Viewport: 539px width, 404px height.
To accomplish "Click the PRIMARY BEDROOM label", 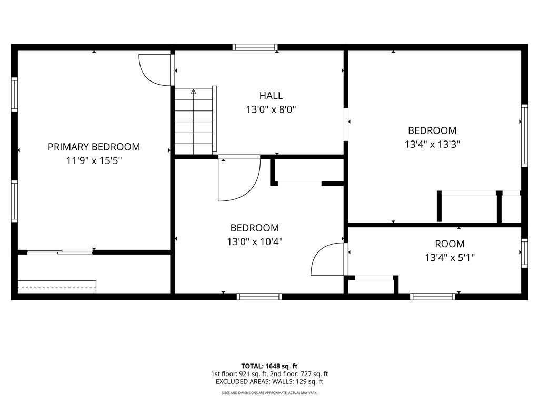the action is pos(94,147).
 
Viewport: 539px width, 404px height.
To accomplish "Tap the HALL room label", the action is pos(271,96).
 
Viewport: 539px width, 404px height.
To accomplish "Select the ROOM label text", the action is pos(450,244).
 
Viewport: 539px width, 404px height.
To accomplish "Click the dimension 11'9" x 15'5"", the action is pos(94,160).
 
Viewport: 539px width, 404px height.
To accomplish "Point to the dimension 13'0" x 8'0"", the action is pos(271,109).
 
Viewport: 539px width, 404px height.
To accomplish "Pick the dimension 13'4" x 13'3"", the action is pos(432,144).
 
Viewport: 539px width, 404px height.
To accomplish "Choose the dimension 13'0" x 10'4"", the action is pos(254,242).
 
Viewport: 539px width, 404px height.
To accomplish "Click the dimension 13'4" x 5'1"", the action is pos(450,258).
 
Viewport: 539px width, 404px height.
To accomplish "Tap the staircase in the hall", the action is pos(196,122).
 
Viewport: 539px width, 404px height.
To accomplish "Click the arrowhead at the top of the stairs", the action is pos(194,92).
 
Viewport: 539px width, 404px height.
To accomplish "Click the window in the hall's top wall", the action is pos(255,47).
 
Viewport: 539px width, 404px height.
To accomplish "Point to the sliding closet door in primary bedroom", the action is pos(60,252).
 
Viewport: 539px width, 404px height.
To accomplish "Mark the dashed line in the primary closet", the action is pos(57,287).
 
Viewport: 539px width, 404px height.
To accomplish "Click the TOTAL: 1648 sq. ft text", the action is pos(269,366).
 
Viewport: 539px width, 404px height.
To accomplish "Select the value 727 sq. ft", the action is pos(314,374).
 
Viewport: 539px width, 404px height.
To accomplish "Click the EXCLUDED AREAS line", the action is pos(269,382).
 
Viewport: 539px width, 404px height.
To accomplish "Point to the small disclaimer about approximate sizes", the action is pos(269,392).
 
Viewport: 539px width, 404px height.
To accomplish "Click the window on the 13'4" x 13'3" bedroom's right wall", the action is pos(524,135).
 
